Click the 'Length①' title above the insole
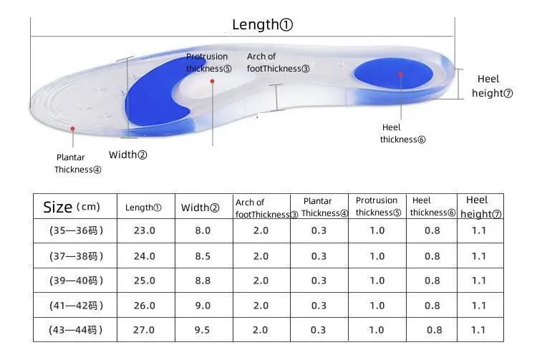pyautogui.click(x=263, y=25)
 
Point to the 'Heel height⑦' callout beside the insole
pyautogui.click(x=492, y=87)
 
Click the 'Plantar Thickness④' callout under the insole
pyautogui.click(x=78, y=164)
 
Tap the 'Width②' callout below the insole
pyautogui.click(x=127, y=155)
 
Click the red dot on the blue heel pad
pyautogui.click(x=401, y=74)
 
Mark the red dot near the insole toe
pyautogui.click(x=72, y=129)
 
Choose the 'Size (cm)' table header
pyautogui.click(x=72, y=207)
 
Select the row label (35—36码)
pyautogui.click(x=76, y=230)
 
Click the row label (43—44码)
pyautogui.click(x=76, y=329)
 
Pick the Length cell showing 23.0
pyautogui.click(x=144, y=230)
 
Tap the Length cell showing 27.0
pyautogui.click(x=144, y=329)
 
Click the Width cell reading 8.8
pyautogui.click(x=203, y=281)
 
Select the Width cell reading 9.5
pyautogui.click(x=203, y=329)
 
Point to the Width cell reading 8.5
pyautogui.click(x=203, y=256)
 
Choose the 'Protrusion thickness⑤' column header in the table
pyautogui.click(x=377, y=207)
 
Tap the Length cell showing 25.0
pyautogui.click(x=144, y=281)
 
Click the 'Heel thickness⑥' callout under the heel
pyautogui.click(x=402, y=133)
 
